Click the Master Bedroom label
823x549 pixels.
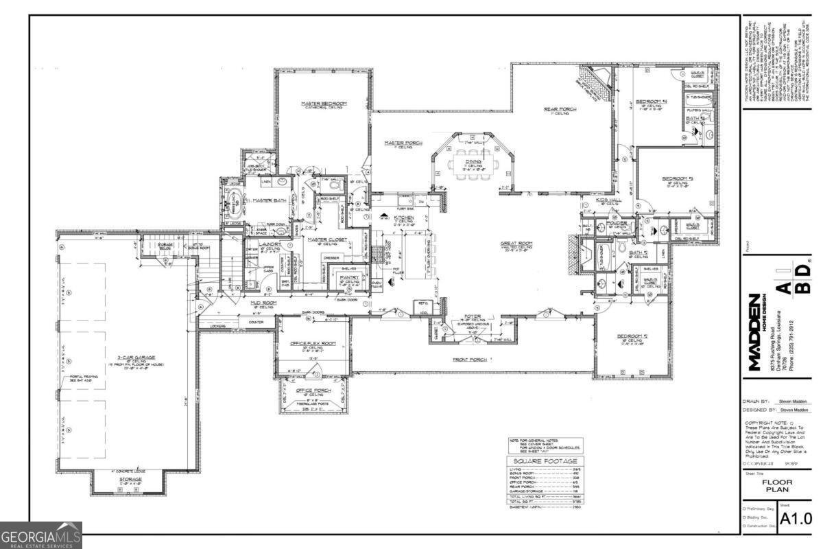324,104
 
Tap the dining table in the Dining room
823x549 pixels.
470,164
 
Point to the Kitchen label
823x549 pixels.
403,218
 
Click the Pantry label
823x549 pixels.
350,277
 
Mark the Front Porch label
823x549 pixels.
469,360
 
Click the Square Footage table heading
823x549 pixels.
545,461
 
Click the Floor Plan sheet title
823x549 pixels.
777,487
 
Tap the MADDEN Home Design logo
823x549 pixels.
755,332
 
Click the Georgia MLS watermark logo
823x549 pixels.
41,535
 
